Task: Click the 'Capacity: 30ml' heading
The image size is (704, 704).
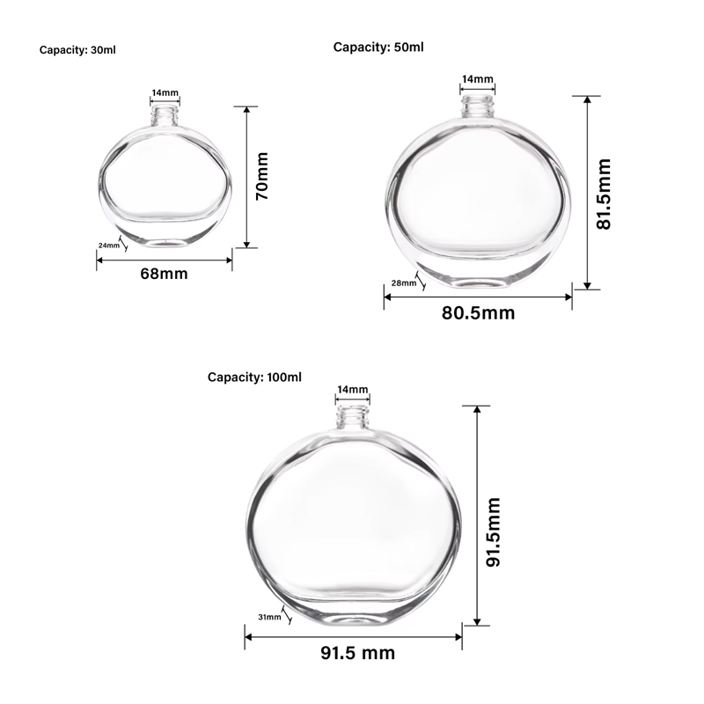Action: (77, 50)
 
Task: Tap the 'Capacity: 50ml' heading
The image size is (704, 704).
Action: (378, 47)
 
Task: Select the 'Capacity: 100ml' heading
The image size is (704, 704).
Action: (254, 377)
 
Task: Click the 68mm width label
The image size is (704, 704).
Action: (165, 274)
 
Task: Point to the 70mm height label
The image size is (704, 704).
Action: (261, 176)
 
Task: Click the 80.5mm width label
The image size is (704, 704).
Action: (478, 312)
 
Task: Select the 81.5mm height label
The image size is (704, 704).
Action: (604, 194)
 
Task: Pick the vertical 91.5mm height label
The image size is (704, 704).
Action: (494, 532)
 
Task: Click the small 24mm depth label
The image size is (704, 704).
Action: (108, 246)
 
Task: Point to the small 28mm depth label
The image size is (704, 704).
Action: (403, 283)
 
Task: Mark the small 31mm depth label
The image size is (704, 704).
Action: (269, 617)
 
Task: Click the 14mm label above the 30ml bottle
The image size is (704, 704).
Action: (165, 92)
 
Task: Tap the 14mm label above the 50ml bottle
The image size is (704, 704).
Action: (478, 79)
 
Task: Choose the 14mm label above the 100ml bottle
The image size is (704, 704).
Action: (353, 389)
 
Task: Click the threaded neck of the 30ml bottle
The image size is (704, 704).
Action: (165, 114)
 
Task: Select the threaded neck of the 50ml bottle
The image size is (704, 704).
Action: (478, 107)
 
